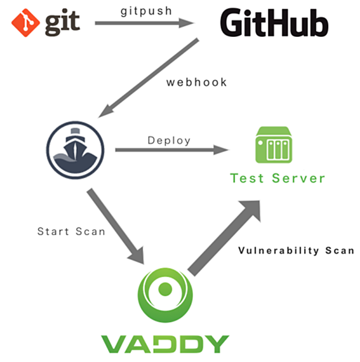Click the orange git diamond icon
point(25,23)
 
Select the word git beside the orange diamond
point(62,23)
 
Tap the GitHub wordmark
point(274,22)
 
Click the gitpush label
point(146,11)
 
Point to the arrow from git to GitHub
point(144,23)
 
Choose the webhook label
point(197,82)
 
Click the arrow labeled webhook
point(149,78)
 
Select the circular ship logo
point(75,150)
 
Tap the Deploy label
point(169,140)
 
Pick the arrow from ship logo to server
point(172,150)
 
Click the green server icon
point(274,144)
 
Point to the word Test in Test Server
point(247,178)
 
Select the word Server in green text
point(299,178)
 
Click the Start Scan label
point(71,231)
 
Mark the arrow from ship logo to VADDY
point(115,226)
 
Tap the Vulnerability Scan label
point(296,251)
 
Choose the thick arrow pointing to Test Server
point(224,238)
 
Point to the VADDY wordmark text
point(165,344)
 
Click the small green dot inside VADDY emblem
point(165,289)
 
